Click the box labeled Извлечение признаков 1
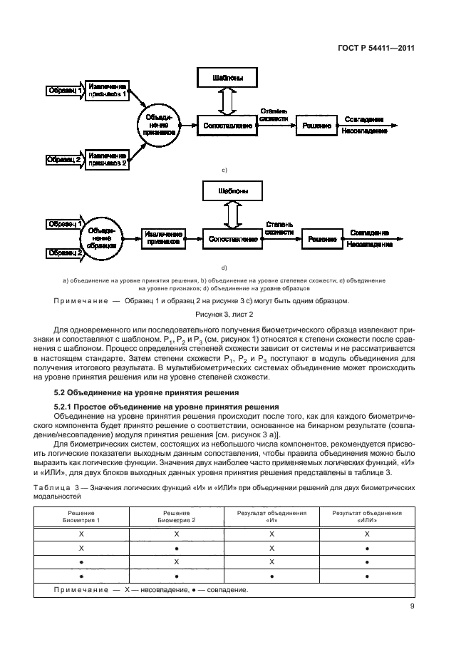click(x=107, y=89)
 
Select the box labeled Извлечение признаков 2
click(x=107, y=158)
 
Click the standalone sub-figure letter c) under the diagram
click(x=224, y=170)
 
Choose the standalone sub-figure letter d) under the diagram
click(x=224, y=268)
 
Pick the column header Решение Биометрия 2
click(x=175, y=517)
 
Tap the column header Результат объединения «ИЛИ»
click(x=366, y=517)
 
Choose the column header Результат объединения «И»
click(x=271, y=517)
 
